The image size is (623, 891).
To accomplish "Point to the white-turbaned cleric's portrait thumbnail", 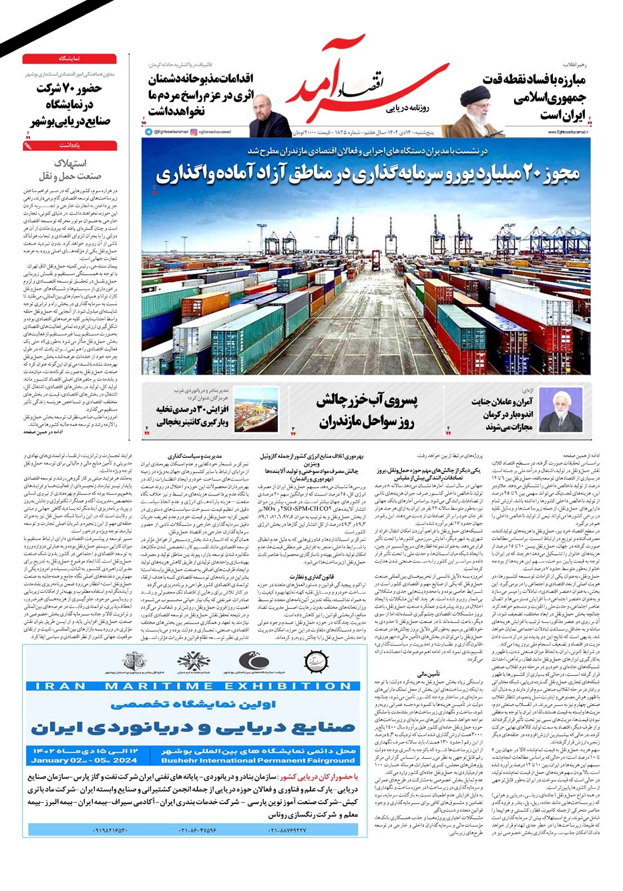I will tap(562, 409).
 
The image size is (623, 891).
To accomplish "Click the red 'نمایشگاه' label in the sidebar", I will tap(69, 59).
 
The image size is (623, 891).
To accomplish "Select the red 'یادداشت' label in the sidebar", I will tap(69, 144).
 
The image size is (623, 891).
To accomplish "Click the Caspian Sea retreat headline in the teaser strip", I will tap(367, 410).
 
